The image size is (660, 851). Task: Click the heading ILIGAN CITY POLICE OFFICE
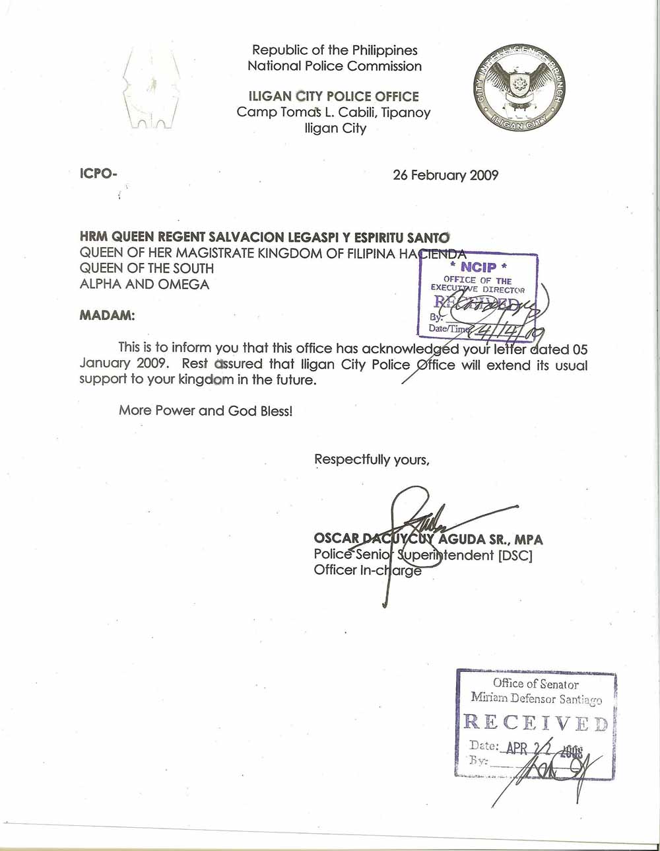point(333,96)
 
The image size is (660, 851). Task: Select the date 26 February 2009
point(445,176)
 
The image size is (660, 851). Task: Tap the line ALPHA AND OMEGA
point(144,284)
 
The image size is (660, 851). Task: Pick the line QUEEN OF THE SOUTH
point(147,268)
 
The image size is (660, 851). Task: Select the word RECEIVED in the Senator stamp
point(535,722)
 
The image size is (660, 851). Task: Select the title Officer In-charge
point(368,571)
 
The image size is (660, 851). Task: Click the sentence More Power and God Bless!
point(205,410)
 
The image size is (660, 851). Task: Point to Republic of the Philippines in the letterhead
point(335,50)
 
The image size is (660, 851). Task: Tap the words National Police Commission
point(334,66)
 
